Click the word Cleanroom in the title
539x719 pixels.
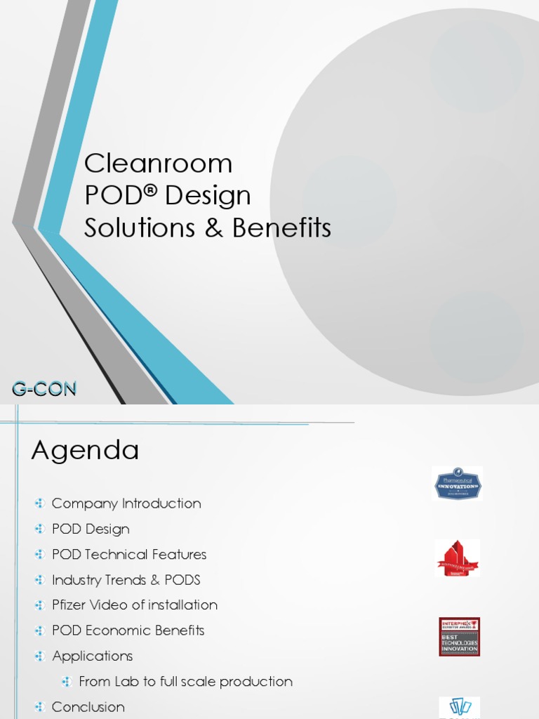(x=158, y=164)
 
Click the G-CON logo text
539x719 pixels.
(x=44, y=388)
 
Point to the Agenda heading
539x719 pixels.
(x=85, y=451)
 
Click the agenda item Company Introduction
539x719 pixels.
(x=126, y=503)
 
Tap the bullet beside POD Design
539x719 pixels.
(x=40, y=529)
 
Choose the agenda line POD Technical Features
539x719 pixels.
(x=129, y=554)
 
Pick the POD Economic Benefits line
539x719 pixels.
(x=128, y=630)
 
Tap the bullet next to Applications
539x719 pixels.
(x=40, y=656)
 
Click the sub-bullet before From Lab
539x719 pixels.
(x=67, y=681)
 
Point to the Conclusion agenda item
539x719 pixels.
(x=88, y=706)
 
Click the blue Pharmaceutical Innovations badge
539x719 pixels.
(x=458, y=483)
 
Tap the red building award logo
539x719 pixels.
(x=457, y=558)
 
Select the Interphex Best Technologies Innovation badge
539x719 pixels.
(x=459, y=637)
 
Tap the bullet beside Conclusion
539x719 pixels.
(x=40, y=706)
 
